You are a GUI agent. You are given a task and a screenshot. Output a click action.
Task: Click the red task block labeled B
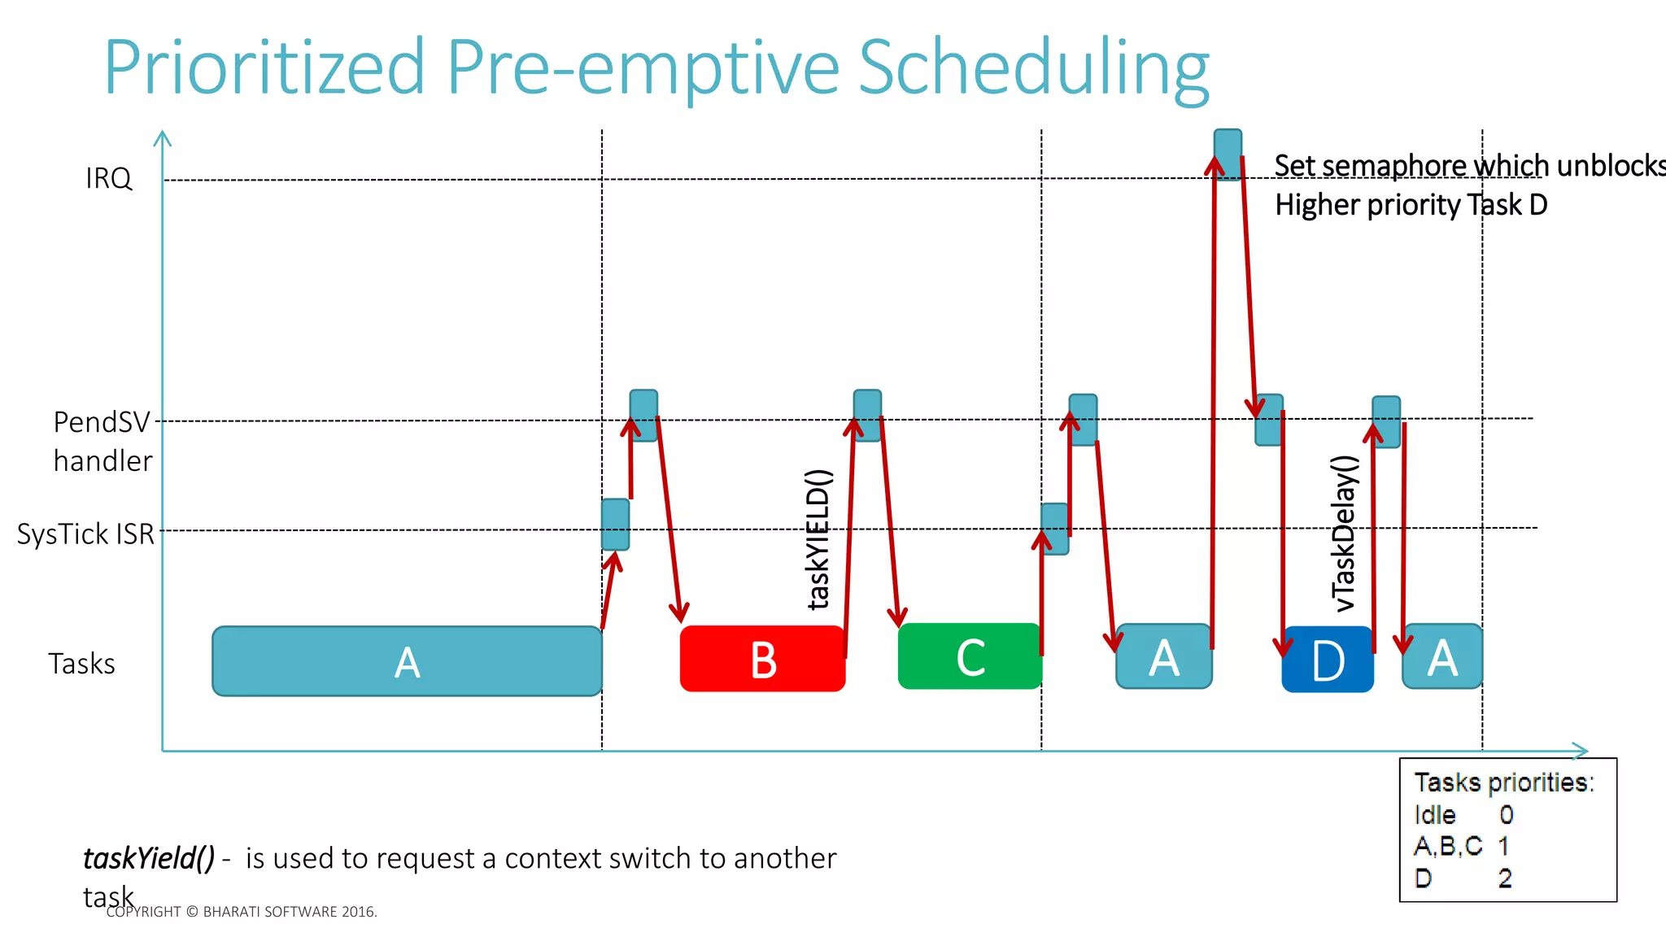762,659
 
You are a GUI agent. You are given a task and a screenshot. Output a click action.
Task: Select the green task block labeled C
970,656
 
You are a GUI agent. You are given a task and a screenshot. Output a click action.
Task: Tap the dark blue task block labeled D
1328,660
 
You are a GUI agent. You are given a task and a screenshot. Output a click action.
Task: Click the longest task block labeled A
407,661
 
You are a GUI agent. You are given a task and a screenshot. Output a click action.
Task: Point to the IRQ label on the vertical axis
108,178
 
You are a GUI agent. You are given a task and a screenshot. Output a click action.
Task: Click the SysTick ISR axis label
85,534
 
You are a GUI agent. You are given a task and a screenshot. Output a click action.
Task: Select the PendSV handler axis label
102,441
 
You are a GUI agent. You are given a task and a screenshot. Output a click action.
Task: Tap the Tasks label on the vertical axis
81,664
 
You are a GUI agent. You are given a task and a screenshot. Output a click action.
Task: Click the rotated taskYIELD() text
818,538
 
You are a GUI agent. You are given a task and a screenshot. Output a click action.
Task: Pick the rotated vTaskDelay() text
1344,534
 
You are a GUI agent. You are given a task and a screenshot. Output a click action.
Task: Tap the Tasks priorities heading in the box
1503,782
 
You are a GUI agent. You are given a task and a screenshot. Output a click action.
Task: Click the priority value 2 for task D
1505,878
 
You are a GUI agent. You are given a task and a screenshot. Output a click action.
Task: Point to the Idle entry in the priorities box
1435,815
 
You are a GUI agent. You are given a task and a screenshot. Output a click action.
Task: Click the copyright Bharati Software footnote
242,912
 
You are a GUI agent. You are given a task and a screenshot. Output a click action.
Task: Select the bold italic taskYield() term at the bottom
149,858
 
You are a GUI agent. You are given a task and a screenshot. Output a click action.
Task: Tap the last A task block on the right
1442,657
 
